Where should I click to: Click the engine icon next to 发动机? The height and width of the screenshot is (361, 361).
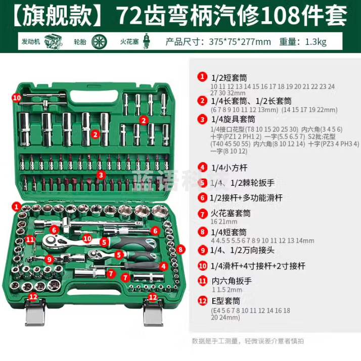52,41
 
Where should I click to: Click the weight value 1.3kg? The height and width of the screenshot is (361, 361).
316,41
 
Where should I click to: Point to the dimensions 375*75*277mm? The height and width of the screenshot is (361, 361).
239,41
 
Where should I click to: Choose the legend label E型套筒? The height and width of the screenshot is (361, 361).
224,301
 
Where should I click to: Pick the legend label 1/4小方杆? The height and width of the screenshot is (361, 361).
229,167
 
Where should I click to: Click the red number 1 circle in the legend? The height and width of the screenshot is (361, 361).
202,77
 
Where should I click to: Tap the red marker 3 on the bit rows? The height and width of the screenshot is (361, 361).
101,175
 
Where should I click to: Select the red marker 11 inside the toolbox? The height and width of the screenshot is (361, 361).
31,239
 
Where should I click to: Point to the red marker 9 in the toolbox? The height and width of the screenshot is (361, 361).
49,259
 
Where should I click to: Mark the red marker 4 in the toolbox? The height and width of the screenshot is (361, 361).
163,266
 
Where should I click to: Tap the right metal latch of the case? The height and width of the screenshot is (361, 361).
152,312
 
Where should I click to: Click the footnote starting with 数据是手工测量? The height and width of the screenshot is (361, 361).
248,341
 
